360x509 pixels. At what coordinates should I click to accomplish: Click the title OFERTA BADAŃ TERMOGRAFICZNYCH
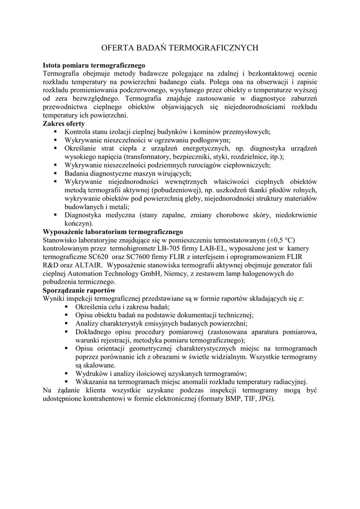point(180,48)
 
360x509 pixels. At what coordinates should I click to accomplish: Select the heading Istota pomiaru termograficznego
point(94,65)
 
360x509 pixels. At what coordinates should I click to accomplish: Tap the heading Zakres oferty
point(64,123)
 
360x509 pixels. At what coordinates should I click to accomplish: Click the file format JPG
point(263,399)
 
